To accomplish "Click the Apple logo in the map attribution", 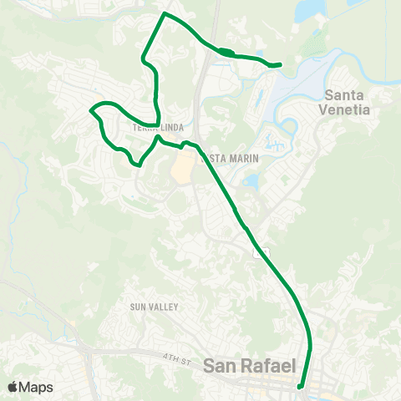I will [13, 387].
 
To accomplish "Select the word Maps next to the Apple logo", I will [37, 387].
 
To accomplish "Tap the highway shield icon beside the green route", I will [264, 251].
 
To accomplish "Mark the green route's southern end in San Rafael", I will [300, 387].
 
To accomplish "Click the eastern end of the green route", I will [279, 64].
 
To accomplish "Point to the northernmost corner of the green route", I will [165, 14].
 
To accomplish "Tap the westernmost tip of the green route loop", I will [91, 109].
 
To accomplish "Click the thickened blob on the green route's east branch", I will [225, 53].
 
